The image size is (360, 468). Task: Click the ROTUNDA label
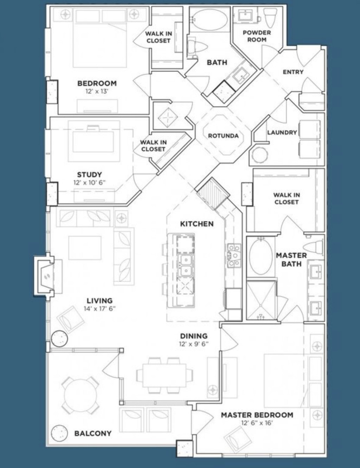pos(223,136)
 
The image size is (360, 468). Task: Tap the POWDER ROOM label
pos(257,36)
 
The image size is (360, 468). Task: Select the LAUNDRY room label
pos(282,133)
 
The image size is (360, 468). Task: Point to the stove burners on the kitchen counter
pos(234,255)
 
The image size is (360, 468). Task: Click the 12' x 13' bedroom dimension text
pos(97,91)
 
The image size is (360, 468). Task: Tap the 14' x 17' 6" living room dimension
pos(99,309)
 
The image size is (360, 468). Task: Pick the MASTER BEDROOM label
pos(257,415)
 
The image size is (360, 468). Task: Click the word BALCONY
pos(93,434)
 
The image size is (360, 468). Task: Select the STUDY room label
pos(89,175)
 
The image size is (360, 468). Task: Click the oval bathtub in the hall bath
pos(210,19)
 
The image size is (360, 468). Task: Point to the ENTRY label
pos(293,72)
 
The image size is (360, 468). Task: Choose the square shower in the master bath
pos(261,300)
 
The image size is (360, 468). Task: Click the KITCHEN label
pos(197,224)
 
